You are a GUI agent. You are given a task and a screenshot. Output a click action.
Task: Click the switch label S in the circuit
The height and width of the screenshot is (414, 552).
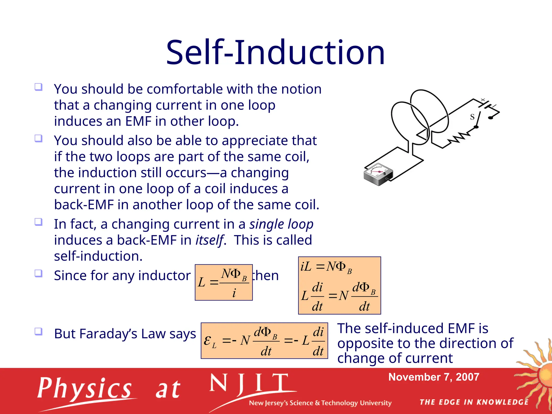(472, 117)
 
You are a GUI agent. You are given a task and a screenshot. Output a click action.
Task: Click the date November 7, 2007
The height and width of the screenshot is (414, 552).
(434, 377)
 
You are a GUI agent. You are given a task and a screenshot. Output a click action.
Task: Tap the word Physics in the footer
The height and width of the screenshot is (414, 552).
(84, 388)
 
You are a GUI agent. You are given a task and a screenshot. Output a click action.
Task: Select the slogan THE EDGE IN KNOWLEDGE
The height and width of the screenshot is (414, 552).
(474, 402)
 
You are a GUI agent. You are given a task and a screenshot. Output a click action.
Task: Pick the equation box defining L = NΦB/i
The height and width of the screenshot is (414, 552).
(224, 282)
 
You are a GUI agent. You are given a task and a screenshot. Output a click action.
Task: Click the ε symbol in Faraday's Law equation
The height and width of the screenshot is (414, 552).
(207, 340)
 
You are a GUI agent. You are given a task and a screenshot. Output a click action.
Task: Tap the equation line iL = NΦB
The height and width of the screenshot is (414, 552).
(326, 267)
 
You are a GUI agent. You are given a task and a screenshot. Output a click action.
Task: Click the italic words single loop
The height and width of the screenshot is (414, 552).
(281, 224)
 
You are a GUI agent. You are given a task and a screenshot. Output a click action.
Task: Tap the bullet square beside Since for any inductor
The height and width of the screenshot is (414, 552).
(39, 273)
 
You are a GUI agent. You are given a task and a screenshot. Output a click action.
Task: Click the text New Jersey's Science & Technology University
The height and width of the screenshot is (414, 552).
(320, 403)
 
